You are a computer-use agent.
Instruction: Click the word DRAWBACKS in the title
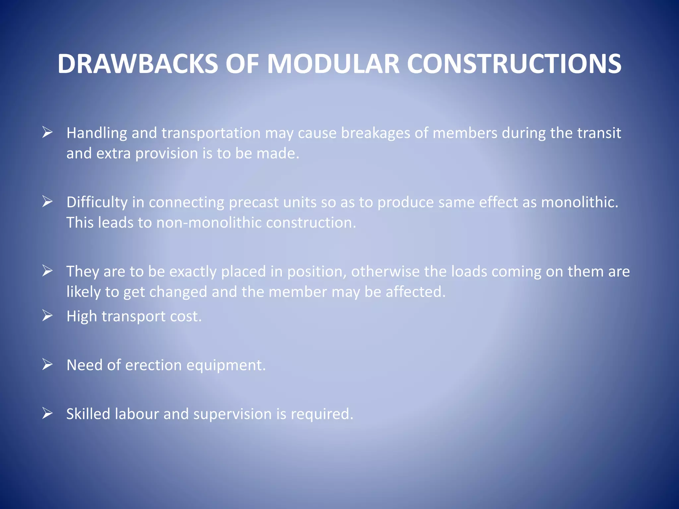click(138, 64)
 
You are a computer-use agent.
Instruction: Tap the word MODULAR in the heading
click(333, 64)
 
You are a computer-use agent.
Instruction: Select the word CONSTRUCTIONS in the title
click(514, 64)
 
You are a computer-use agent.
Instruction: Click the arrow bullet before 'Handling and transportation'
click(47, 133)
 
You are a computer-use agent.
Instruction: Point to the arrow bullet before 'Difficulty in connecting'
click(47, 201)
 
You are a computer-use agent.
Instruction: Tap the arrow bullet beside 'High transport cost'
click(47, 316)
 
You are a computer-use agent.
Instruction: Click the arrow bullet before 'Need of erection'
click(47, 365)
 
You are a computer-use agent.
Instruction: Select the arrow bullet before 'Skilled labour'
click(47, 414)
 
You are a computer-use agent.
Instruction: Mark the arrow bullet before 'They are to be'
click(47, 271)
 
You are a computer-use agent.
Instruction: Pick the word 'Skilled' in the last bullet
click(88, 414)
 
